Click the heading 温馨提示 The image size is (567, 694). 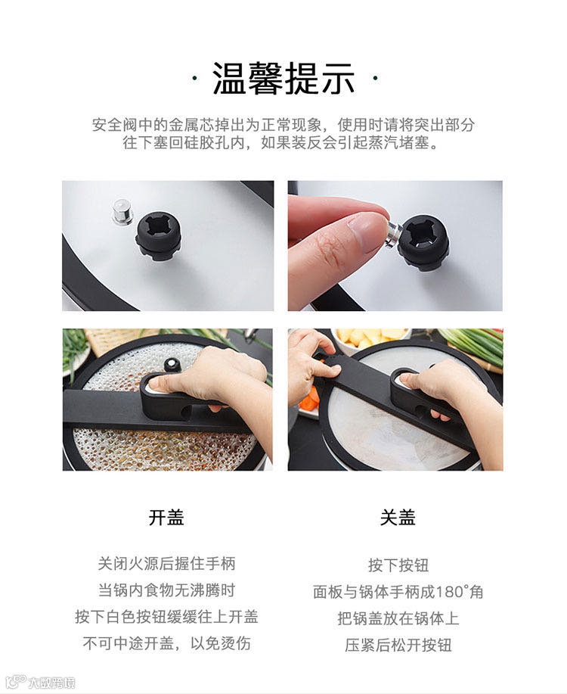tap(283, 79)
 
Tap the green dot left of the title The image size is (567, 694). tap(194, 79)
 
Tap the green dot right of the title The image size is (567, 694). tap(375, 79)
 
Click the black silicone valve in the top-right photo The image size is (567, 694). tap(423, 242)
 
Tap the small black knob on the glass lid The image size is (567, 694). tap(171, 365)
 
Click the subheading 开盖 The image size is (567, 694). tap(166, 517)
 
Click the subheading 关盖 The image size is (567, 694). tap(398, 517)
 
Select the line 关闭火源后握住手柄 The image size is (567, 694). tap(166, 563)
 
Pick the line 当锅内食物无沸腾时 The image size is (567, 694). tap(166, 590)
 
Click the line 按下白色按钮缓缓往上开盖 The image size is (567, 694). tap(166, 617)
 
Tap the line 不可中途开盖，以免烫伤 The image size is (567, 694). tap(166, 643)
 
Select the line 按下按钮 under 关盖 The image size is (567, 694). tap(398, 565)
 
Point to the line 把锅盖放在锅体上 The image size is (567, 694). tap(398, 618)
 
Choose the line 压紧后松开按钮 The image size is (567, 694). tap(398, 645)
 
